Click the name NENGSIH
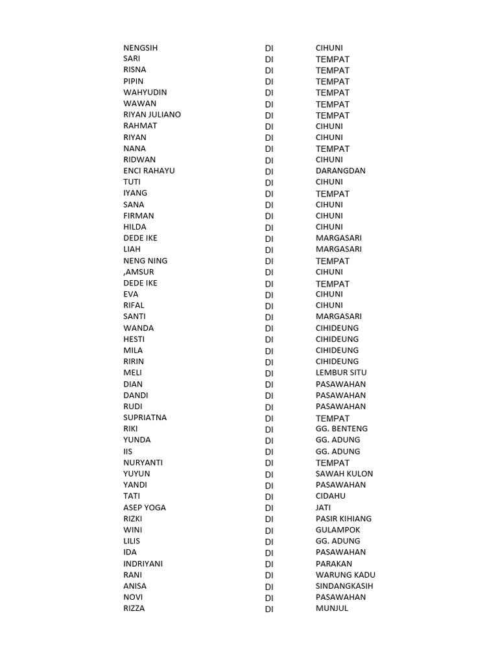(140, 48)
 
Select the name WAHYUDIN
(145, 93)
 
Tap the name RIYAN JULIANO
(152, 115)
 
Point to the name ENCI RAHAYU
(148, 171)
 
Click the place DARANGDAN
(340, 171)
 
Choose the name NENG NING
(145, 261)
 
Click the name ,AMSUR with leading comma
(139, 272)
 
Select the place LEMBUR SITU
(341, 373)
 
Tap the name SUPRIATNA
(145, 418)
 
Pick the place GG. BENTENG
(342, 429)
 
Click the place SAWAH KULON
(344, 474)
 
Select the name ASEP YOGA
(145, 508)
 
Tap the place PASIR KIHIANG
(344, 519)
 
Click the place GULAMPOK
(338, 530)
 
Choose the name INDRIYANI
(143, 563)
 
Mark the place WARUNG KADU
(346, 575)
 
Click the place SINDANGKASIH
(344, 586)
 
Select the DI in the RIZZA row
(269, 609)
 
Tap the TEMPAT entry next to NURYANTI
(333, 463)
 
